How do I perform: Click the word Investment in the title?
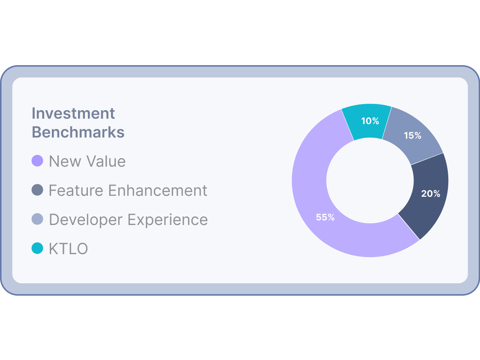(73, 114)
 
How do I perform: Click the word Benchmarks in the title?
(78, 132)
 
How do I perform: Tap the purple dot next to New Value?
(38, 161)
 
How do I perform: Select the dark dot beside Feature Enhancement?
(38, 190)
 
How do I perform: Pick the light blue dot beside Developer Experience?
(38, 219)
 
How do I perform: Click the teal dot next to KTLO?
(38, 248)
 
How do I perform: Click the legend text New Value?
(87, 162)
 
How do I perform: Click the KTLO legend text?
(68, 249)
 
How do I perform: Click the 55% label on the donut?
(325, 217)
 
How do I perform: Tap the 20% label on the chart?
(430, 194)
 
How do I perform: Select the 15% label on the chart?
(412, 135)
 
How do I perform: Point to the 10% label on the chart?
(370, 121)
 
